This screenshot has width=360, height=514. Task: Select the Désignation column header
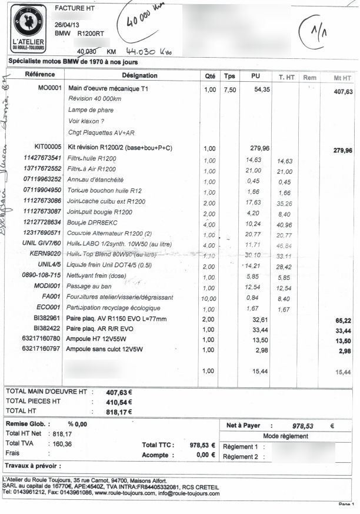139,75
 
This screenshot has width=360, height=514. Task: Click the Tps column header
229,76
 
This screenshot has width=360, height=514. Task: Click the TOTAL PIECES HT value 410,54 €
119,402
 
